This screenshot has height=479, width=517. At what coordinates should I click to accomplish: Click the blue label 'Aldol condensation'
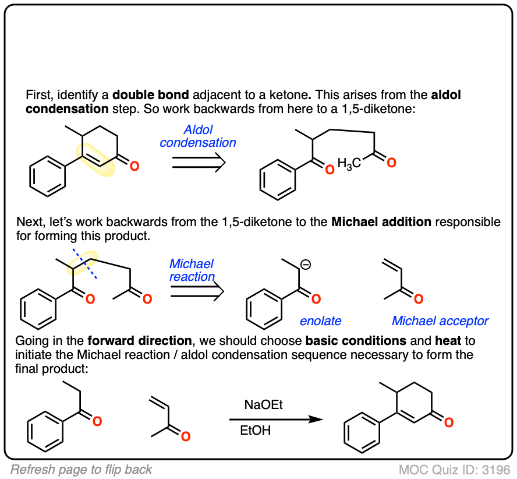(198, 135)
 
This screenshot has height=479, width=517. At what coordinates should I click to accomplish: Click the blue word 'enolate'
(320, 320)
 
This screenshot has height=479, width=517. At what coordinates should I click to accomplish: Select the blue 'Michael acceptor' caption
(440, 320)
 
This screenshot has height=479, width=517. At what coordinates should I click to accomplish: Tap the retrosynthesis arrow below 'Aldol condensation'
(199, 165)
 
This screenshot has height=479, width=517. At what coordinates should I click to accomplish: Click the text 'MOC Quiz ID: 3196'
(455, 470)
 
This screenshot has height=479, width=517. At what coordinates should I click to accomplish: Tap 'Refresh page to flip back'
(82, 470)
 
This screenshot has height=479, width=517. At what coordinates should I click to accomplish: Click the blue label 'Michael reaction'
(192, 270)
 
